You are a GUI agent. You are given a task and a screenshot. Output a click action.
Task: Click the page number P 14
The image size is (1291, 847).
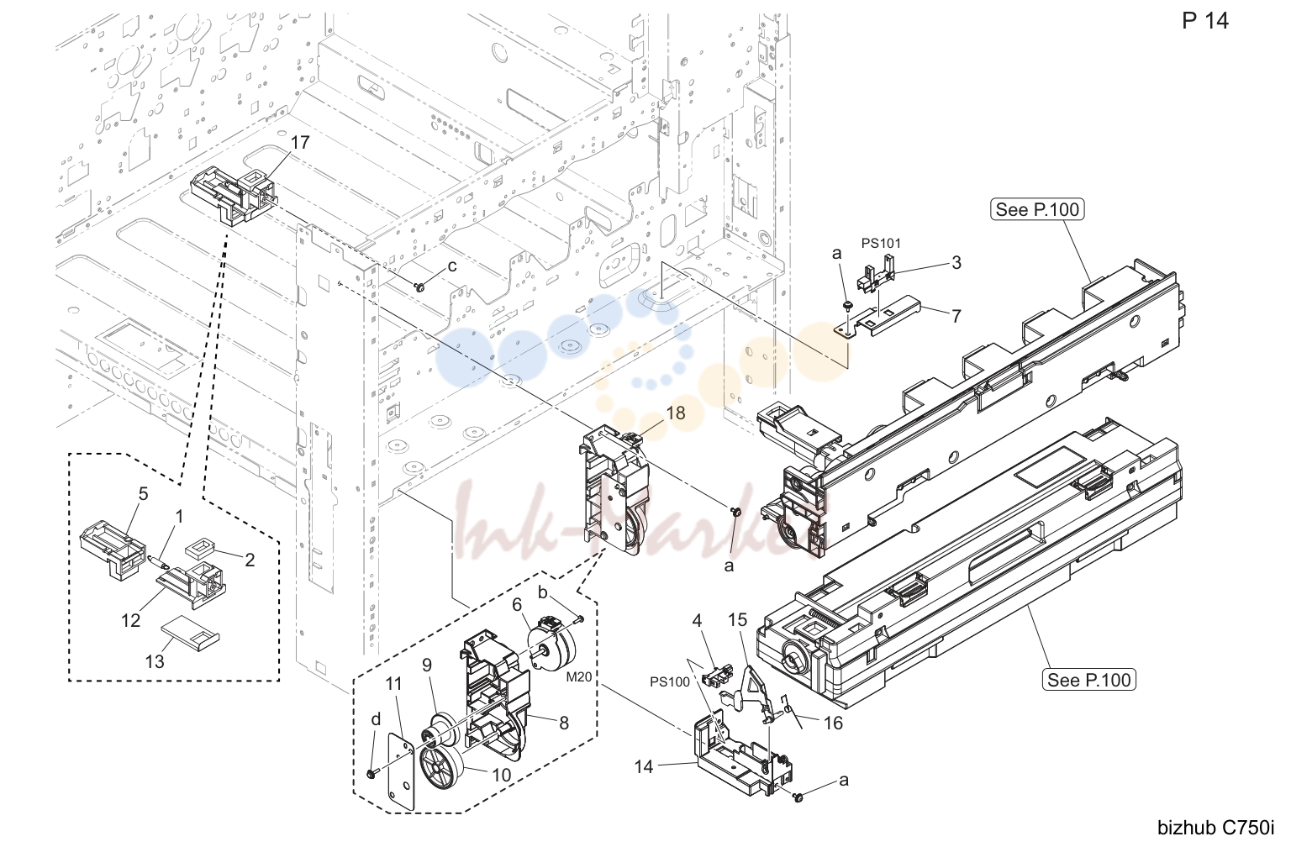pos(1205,21)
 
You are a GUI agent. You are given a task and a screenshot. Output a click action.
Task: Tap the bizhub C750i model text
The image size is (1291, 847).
pos(1216,828)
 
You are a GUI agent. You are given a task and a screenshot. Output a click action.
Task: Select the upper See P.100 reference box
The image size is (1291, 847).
pos(1037,209)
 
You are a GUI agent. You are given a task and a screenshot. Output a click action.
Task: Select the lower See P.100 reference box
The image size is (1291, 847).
pos(1088,679)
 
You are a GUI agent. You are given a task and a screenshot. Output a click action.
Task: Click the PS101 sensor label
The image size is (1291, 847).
pos(881,243)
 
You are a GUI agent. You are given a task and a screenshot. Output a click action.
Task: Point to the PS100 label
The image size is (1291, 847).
pos(670,681)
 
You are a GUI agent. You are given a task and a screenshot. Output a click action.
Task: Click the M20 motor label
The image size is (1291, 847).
pos(578,677)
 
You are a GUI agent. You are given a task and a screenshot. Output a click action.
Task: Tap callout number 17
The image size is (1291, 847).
pos(300,142)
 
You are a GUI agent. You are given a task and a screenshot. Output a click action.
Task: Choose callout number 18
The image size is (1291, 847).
pos(676,413)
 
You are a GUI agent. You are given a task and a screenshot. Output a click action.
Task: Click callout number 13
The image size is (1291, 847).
pos(155,661)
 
